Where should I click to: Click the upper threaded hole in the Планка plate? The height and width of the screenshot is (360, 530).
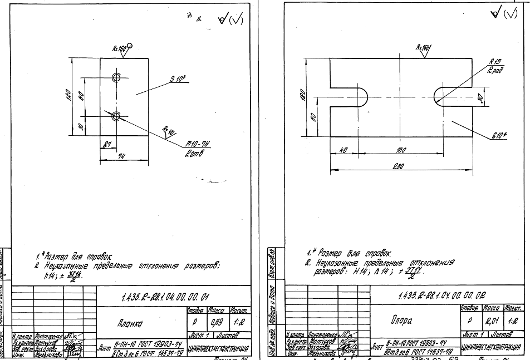(116, 77)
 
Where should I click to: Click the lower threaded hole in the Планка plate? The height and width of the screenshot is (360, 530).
(116, 116)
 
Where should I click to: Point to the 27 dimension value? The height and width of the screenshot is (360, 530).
(106, 144)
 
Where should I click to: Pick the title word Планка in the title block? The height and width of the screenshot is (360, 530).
(129, 322)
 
